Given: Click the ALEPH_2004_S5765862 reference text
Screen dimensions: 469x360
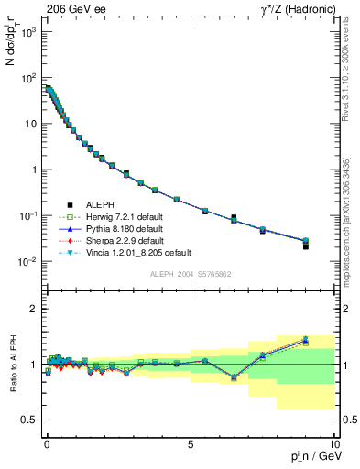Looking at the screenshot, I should tap(190, 274).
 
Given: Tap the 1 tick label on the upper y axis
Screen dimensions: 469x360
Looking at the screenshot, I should tap(33, 169).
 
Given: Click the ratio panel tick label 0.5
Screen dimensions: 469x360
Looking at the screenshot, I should tap(27, 420).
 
